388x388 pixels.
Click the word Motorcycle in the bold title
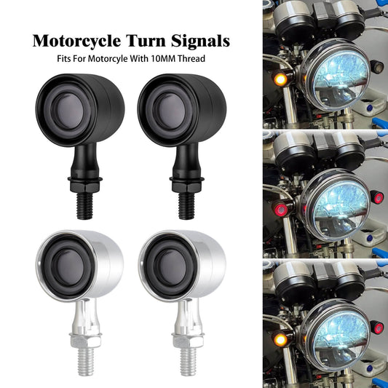point(77,41)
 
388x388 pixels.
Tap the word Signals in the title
point(200,41)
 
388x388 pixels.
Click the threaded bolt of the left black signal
point(85,206)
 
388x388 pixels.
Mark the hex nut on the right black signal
point(187,186)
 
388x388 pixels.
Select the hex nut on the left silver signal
point(85,341)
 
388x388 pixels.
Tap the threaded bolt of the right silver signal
point(189,362)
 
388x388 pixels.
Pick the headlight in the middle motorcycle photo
point(336,205)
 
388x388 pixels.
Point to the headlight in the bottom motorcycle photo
point(336,335)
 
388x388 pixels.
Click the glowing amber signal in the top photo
point(280,79)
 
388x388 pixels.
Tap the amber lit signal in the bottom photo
point(280,339)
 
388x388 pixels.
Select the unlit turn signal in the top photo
point(377,67)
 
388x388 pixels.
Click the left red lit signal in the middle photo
point(280,210)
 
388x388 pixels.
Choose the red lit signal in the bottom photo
point(378,328)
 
